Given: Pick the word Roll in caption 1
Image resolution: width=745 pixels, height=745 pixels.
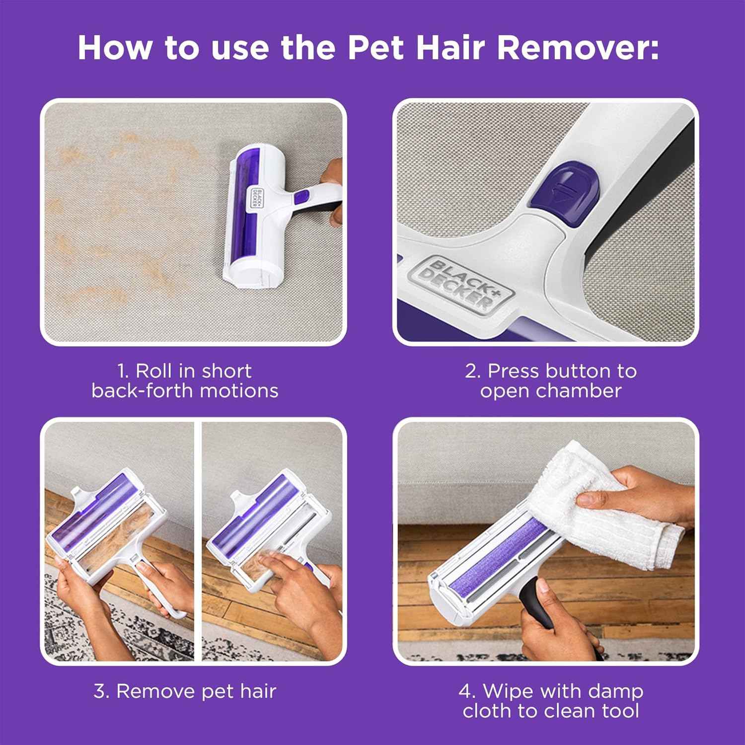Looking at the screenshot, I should click(x=154, y=371).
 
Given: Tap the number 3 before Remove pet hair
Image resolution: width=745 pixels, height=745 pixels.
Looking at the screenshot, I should click(x=101, y=691).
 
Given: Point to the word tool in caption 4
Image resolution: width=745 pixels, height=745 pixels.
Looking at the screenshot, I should click(x=620, y=711).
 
